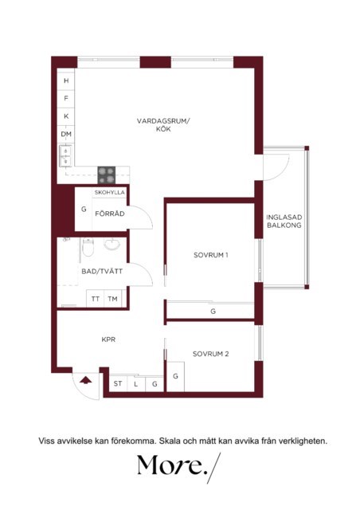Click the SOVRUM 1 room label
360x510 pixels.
click(x=211, y=255)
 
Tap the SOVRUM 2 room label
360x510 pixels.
click(x=211, y=354)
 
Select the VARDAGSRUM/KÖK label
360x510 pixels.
click(x=163, y=125)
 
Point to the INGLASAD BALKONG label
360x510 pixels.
click(x=284, y=222)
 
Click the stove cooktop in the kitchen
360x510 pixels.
click(x=107, y=175)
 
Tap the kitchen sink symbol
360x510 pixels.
click(x=65, y=156)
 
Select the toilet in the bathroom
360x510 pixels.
click(x=88, y=247)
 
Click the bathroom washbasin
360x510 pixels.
click(x=112, y=244)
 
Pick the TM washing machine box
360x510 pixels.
click(x=112, y=298)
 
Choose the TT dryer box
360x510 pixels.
click(x=95, y=298)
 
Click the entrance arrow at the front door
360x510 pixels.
click(x=85, y=380)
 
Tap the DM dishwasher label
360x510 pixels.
click(x=66, y=134)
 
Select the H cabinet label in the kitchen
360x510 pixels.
click(x=66, y=80)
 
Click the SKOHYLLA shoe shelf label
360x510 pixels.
click(x=110, y=192)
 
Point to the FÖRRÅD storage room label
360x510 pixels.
click(x=110, y=214)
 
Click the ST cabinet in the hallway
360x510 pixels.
click(x=118, y=384)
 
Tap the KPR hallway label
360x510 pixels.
click(x=108, y=339)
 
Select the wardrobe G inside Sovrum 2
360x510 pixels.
click(x=175, y=376)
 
